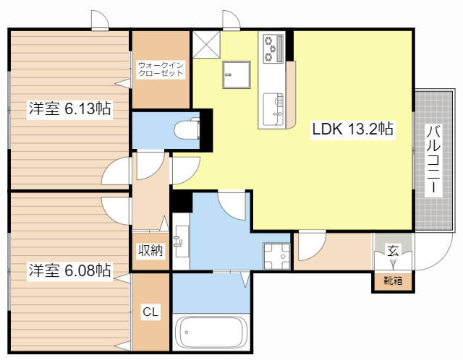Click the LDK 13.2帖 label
pos(352,129)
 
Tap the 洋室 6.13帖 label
pos(69,108)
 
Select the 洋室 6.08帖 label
pos(69,270)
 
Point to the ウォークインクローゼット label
pos(161,69)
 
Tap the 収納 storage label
pos(150,251)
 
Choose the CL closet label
pos(150,312)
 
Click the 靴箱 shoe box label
pos(393,280)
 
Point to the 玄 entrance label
pos(393,251)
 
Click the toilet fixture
pos(187,129)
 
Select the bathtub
pos(211,333)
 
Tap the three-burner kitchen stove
pos(273,48)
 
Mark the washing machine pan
pos(276,256)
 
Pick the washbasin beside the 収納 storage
pos(182,241)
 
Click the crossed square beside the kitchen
pos(206,45)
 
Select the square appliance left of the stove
pos(237,74)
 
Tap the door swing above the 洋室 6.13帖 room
pos(100,20)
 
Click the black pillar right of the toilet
pos(206,130)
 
